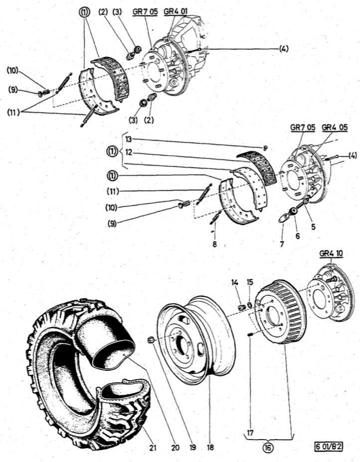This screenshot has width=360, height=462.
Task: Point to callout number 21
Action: click(153, 447)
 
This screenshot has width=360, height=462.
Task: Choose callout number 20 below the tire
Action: click(175, 447)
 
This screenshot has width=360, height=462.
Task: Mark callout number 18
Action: click(210, 447)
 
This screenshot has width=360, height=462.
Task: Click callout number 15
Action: click(250, 282)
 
